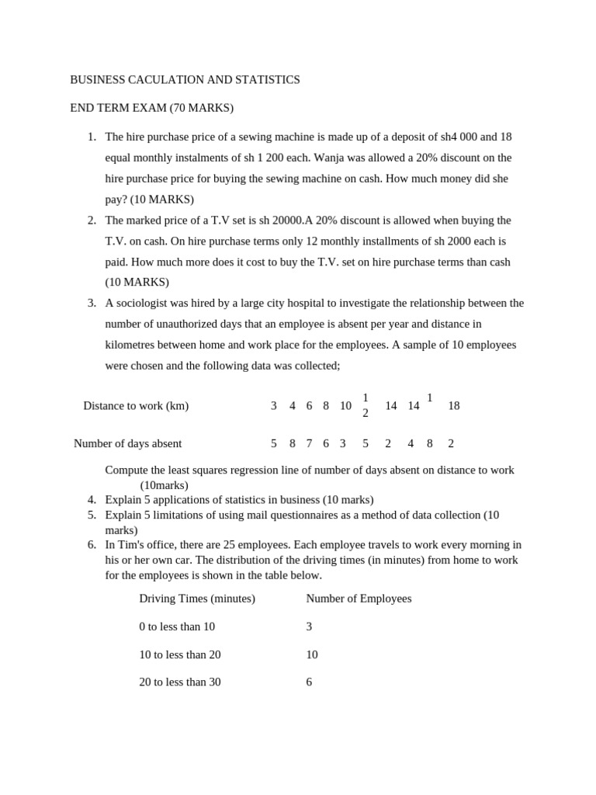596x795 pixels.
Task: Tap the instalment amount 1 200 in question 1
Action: pyautogui.click(x=255, y=158)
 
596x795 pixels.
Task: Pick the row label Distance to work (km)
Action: pyautogui.click(x=136, y=405)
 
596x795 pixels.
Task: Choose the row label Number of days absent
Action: pyautogui.click(x=127, y=443)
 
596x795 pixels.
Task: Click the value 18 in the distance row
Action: pyautogui.click(x=454, y=405)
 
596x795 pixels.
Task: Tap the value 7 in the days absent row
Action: pyautogui.click(x=309, y=443)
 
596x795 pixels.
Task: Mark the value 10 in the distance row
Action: pyautogui.click(x=345, y=405)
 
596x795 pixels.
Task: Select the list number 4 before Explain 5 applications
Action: pyautogui.click(x=91, y=500)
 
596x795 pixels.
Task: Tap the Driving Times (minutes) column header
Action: pyautogui.click(x=197, y=599)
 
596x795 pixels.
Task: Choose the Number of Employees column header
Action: pyautogui.click(x=359, y=599)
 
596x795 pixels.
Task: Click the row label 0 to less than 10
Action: pyautogui.click(x=177, y=627)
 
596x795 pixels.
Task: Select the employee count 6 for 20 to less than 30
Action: pyautogui.click(x=309, y=682)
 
